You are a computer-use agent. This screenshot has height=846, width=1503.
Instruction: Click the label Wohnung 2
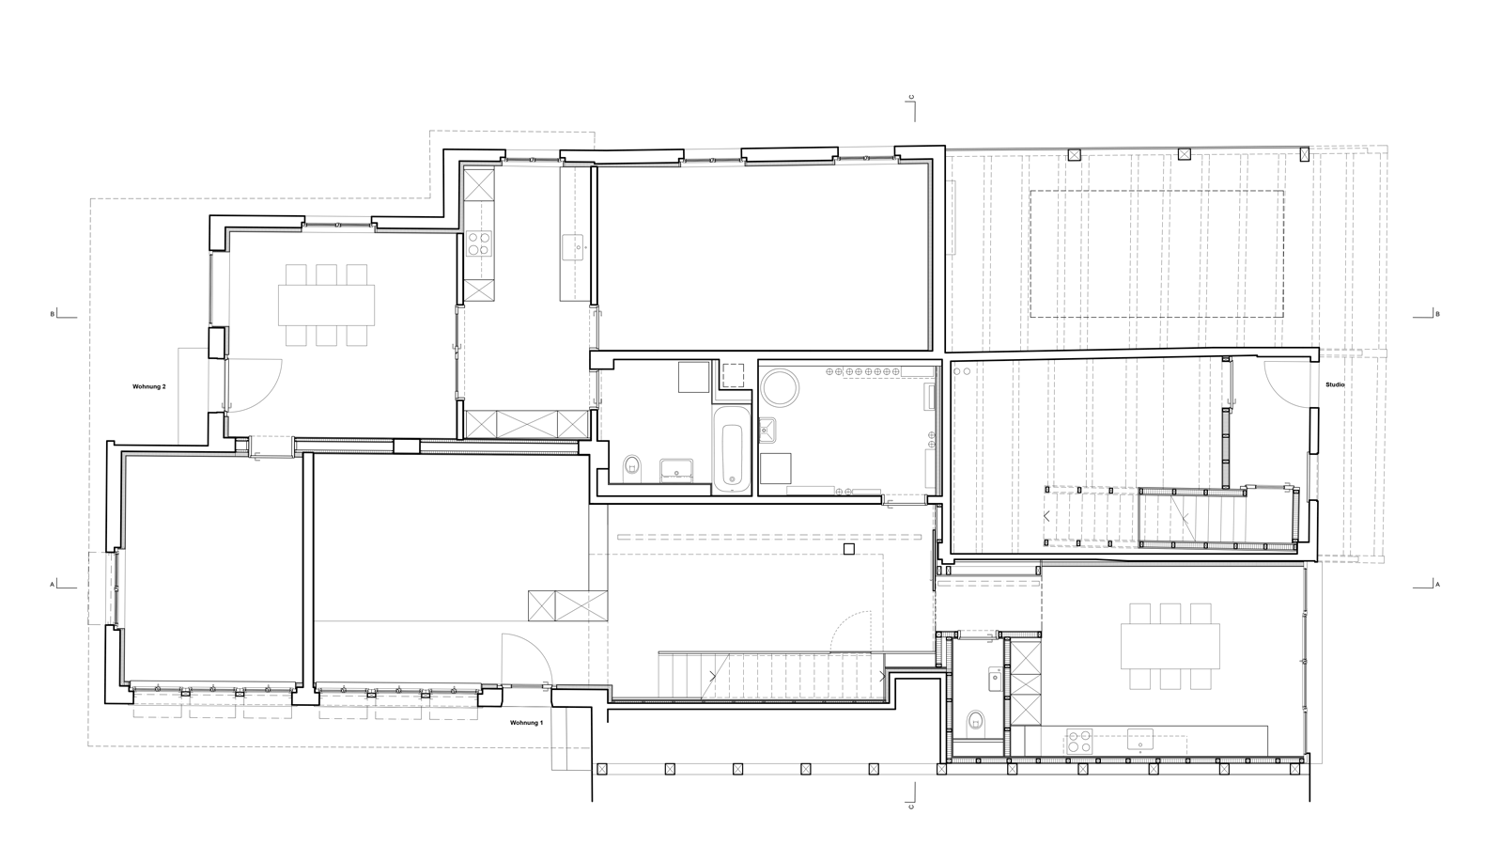point(149,386)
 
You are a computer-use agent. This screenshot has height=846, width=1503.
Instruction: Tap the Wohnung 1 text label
point(527,723)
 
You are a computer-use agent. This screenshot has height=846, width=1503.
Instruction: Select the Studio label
point(1335,384)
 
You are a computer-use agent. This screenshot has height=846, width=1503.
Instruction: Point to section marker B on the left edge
point(53,314)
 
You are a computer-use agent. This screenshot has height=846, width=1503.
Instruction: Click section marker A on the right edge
point(1437,585)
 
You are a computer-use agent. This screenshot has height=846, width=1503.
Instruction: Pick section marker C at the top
point(911,98)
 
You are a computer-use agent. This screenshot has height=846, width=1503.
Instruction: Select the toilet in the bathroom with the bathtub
point(632,464)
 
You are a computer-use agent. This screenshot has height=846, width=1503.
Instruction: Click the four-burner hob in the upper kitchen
point(479,243)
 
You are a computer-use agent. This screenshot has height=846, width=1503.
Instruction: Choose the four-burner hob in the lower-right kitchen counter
point(1079,742)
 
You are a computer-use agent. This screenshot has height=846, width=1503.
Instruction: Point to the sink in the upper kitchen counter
point(574,246)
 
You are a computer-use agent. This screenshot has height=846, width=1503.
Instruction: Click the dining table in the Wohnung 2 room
point(327,305)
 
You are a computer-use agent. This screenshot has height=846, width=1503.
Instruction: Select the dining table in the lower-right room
point(1170,646)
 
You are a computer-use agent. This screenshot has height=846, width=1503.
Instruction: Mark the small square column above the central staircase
point(849,549)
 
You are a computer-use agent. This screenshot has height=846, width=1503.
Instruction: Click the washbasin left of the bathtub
point(676,470)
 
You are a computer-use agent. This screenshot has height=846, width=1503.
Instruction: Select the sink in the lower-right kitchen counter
point(1140,740)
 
